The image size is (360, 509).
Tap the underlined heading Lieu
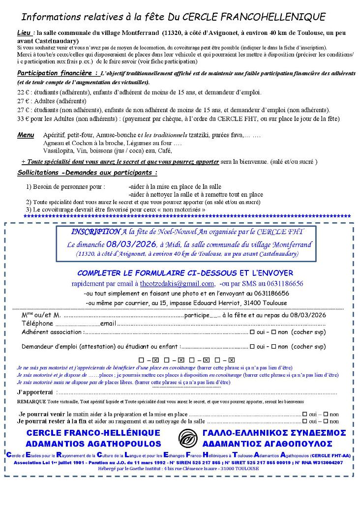click(23, 33)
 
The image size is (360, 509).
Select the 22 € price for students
click(23, 92)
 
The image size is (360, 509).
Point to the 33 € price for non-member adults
click(23, 119)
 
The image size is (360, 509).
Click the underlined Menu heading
click(26, 135)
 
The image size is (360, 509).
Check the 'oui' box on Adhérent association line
click(252, 332)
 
